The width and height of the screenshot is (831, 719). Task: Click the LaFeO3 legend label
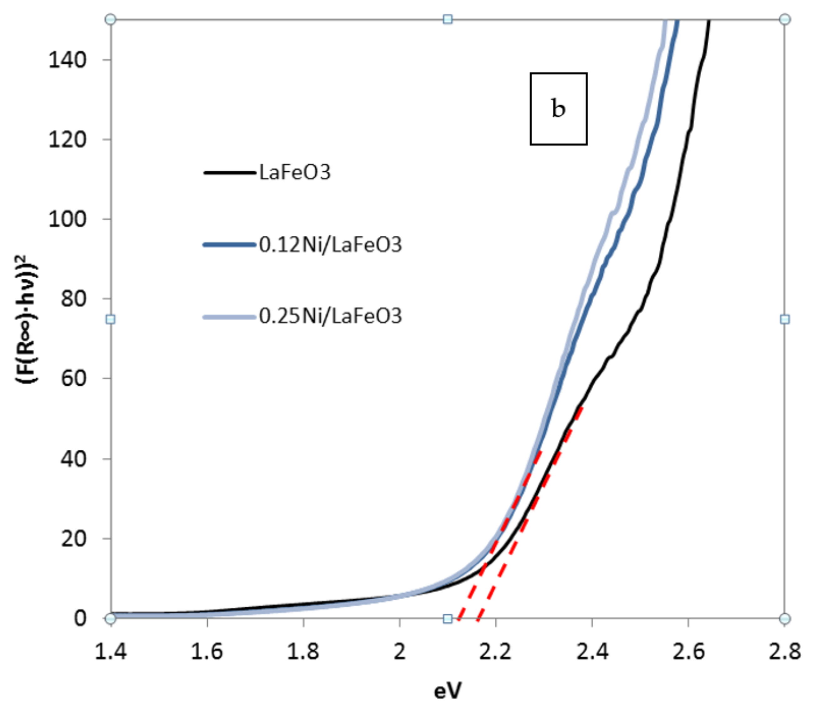(295, 173)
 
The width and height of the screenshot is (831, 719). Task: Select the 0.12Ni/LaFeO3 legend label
(330, 245)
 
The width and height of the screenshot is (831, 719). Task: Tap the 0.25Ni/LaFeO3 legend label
(330, 316)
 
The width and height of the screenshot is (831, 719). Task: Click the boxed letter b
(558, 109)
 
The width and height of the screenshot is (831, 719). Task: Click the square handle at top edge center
(448, 19)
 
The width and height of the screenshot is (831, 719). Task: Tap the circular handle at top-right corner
(785, 19)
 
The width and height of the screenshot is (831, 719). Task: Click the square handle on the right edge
(785, 319)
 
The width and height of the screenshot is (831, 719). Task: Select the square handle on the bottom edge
(448, 618)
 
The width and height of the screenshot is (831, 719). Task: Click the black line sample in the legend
(229, 173)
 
